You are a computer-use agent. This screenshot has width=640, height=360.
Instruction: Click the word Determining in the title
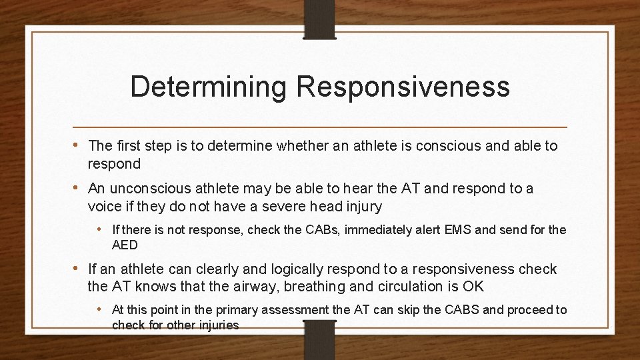pyautogui.click(x=209, y=87)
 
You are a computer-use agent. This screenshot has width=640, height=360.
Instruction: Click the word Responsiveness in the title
pyautogui.click(x=403, y=87)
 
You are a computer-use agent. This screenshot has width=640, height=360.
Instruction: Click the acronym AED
pyautogui.click(x=125, y=245)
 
